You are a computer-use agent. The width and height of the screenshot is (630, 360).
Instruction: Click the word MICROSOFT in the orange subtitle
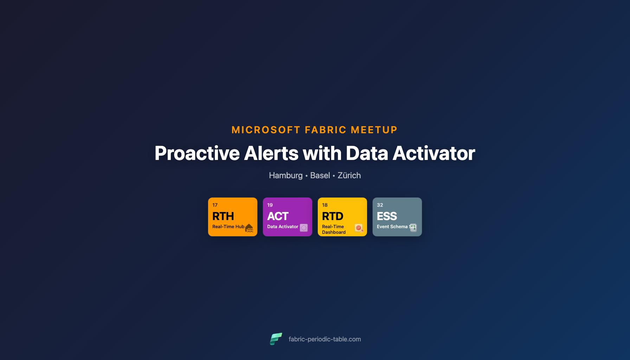click(266, 130)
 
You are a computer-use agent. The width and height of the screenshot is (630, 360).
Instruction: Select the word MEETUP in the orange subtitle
click(374, 130)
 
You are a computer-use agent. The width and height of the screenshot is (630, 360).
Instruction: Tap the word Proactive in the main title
click(197, 153)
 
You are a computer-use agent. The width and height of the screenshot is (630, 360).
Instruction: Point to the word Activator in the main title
click(433, 153)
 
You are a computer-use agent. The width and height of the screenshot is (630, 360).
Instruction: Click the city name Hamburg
click(285, 175)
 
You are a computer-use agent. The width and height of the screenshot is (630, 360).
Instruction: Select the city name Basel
click(320, 175)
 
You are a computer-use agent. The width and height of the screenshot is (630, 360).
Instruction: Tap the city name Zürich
click(349, 175)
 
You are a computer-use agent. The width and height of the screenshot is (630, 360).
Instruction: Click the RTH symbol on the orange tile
click(223, 216)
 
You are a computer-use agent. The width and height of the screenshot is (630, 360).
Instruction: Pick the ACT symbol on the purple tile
click(278, 216)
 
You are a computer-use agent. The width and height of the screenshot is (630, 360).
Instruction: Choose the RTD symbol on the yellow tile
click(333, 216)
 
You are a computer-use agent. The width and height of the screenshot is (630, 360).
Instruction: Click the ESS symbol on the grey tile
click(387, 216)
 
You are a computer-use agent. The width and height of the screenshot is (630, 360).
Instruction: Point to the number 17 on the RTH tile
click(215, 205)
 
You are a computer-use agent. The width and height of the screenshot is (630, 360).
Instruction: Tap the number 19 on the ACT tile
click(270, 205)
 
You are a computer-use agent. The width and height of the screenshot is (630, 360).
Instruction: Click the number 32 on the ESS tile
click(380, 205)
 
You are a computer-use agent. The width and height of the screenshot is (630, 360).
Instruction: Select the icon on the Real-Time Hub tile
click(249, 228)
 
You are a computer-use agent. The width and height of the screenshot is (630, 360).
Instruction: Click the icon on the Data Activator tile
click(304, 228)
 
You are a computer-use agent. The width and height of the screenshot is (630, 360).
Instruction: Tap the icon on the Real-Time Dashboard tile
click(359, 228)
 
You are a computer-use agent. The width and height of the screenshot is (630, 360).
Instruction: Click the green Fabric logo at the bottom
click(276, 339)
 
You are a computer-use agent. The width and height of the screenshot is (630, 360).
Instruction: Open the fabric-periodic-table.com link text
click(324, 339)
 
